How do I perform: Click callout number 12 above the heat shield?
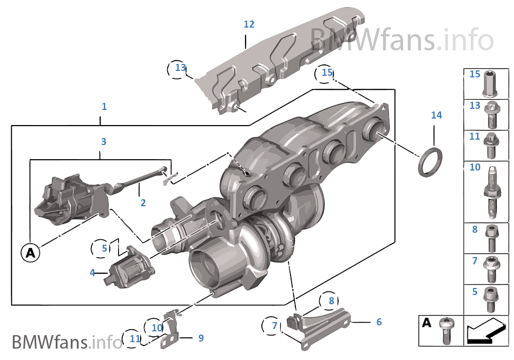pos(249,24)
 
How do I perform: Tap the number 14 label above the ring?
pos(436,115)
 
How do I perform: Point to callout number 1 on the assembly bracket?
pos(104,107)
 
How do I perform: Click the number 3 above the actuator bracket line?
pos(103,142)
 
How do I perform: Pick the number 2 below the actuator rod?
pos(143,203)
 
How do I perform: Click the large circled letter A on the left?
pos(31,252)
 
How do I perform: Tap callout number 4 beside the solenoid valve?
pos(92,273)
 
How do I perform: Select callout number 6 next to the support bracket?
pos(379,322)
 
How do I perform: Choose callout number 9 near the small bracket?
pos(201,338)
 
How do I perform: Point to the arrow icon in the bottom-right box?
pos(486,331)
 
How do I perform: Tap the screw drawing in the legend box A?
pos(445,330)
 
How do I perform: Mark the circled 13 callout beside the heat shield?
pos(180,68)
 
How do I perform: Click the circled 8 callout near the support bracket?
pos(331,301)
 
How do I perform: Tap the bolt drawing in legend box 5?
pos(491,299)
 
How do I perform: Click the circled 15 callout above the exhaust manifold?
pos(327,72)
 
